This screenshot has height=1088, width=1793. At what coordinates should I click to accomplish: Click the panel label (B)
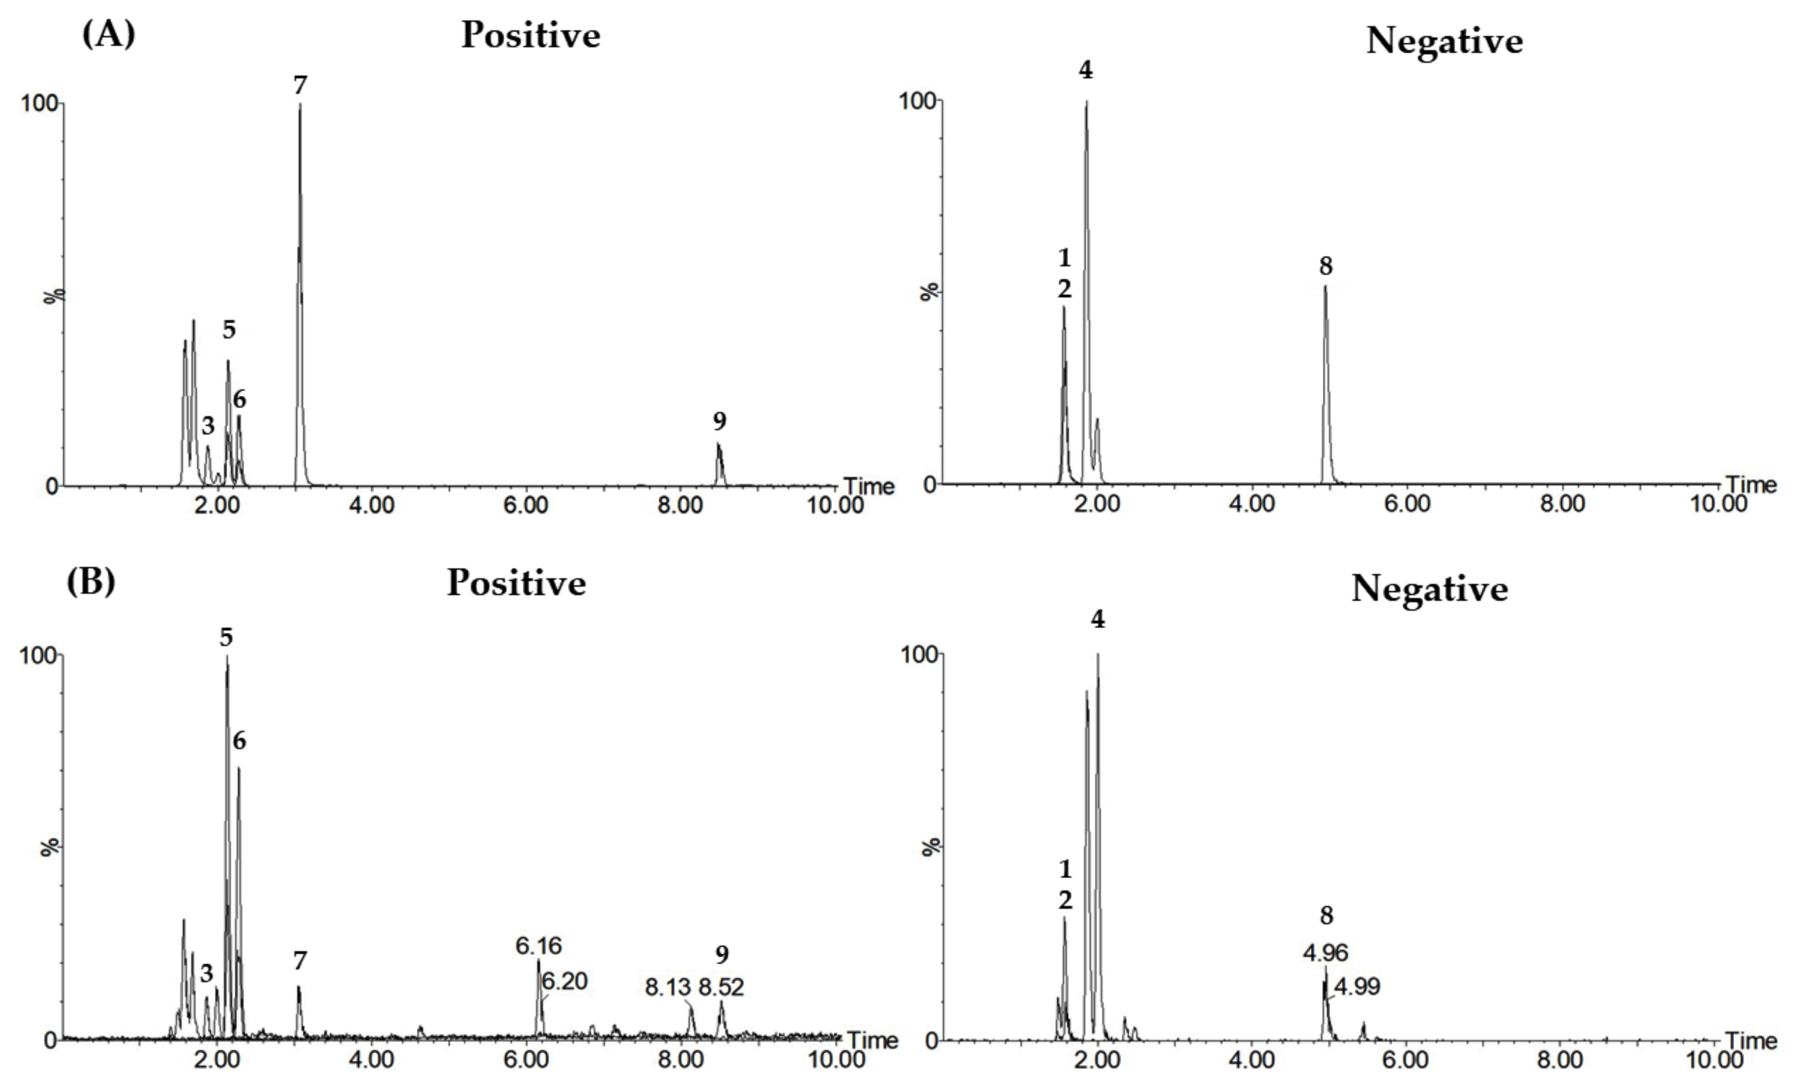[x=91, y=582]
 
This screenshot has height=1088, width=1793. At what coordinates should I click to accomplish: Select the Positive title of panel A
[x=531, y=35]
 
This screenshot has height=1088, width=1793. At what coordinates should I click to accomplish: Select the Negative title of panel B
[x=1429, y=588]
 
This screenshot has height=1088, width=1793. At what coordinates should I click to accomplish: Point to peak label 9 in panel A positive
[x=719, y=421]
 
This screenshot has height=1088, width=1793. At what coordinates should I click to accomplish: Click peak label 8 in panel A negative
[x=1326, y=266]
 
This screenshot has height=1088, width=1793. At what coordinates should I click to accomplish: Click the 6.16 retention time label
[x=539, y=946]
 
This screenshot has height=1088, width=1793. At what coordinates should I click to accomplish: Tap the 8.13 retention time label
[x=667, y=987]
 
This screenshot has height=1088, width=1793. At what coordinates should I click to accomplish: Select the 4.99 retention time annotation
[x=1357, y=987]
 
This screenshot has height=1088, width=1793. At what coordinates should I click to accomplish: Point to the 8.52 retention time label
[x=721, y=987]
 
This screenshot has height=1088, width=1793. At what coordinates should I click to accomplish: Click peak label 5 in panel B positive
[x=226, y=638]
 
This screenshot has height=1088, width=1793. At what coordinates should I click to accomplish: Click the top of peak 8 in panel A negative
[x=1325, y=287]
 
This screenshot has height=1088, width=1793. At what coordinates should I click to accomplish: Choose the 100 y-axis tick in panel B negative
[x=918, y=654]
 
